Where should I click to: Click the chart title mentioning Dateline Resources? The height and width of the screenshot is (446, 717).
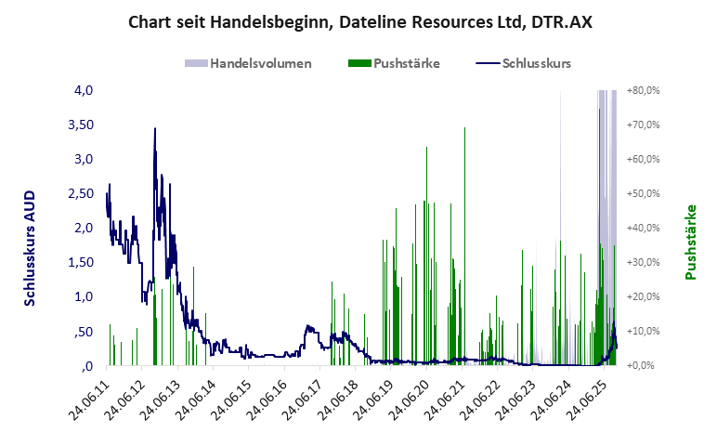358,20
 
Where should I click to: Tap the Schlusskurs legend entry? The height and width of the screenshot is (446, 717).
536,64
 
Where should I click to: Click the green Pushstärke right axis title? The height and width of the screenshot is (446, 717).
690,242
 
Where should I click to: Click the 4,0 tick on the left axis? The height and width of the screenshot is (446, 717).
84,90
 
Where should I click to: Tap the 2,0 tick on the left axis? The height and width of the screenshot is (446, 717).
84,228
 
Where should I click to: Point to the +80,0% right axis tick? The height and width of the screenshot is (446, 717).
643,90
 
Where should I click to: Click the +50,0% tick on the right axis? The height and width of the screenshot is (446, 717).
643,193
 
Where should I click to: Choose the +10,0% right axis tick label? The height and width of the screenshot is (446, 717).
643,331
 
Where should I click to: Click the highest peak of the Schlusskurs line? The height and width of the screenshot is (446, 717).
155,128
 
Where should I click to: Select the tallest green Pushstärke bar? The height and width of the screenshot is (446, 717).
464,128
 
